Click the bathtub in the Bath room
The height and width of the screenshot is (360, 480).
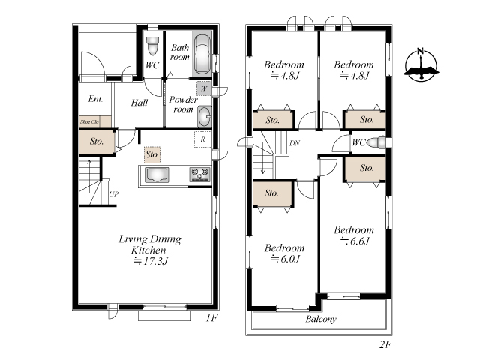pos(202,55)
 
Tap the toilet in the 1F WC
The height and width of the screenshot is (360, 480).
pos(151,44)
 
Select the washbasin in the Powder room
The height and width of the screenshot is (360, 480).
pos(204,117)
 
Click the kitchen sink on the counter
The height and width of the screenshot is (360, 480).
pos(157,175)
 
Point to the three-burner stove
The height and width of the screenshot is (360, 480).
pos(200,175)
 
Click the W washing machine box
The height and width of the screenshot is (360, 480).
pos(204,88)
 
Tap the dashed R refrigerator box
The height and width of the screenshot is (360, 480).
pos(202,139)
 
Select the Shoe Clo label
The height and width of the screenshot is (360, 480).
pos(89,121)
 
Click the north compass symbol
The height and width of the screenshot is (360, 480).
pos(421,65)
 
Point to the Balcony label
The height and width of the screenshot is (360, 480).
pos(321,319)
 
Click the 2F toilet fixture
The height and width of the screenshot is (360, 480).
pos(376,142)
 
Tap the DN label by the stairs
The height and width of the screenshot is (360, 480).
pos(295,143)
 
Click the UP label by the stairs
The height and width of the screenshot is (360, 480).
pos(113,194)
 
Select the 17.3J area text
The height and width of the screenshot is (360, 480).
pos(150,261)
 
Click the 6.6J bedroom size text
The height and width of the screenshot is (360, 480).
pos(355,241)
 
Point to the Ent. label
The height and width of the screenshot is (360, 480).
pos(95,98)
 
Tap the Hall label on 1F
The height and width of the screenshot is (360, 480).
pos(139,103)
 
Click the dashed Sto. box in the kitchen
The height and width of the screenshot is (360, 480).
pos(152,154)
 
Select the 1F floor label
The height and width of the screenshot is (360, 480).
pos(211,318)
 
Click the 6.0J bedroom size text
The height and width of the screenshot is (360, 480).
pos(285,259)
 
